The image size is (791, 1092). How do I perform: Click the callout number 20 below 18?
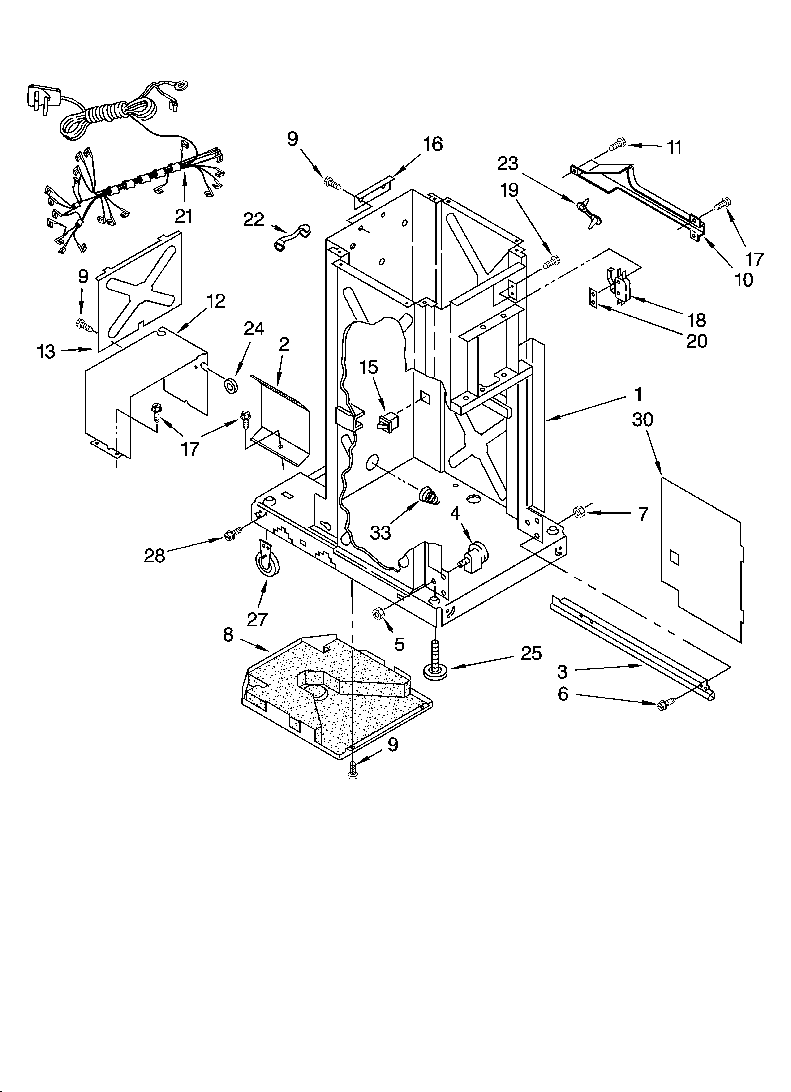(696, 341)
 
